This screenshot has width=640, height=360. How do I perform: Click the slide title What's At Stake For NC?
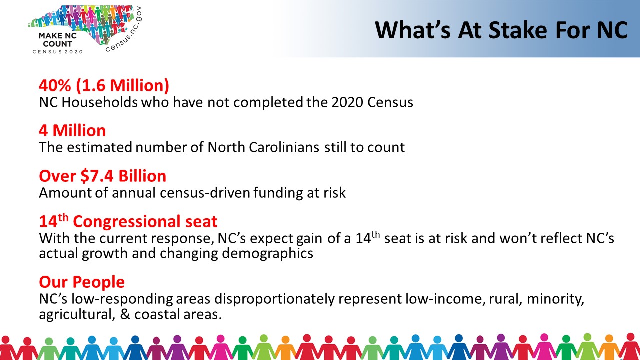[x=501, y=30]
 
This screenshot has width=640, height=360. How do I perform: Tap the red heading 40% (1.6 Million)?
[x=104, y=85]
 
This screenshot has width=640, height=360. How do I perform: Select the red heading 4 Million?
[x=72, y=130]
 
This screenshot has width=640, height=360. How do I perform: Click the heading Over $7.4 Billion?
[x=103, y=176]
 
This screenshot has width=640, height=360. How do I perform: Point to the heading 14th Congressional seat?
[x=128, y=221]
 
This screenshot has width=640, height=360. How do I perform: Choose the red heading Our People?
[x=82, y=282]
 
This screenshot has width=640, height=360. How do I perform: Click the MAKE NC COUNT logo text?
[x=57, y=40]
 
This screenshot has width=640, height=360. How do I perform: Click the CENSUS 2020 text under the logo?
[x=57, y=52]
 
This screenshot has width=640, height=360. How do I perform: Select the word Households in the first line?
[x=99, y=102]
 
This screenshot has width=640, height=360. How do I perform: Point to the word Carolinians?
[x=284, y=147]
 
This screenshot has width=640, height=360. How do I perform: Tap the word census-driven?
[x=205, y=193]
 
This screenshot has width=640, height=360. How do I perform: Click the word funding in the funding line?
[x=278, y=193]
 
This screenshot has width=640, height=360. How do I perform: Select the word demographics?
[x=267, y=253]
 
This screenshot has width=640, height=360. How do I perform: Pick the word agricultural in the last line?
[x=77, y=314]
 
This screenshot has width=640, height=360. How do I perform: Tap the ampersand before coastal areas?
[x=125, y=314]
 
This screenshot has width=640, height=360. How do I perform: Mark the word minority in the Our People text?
[x=555, y=299]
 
